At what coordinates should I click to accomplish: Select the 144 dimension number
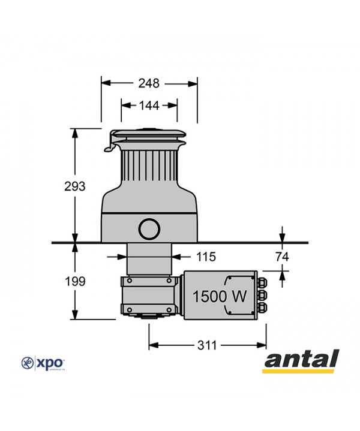point(149,106)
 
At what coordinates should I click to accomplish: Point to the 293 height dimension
point(75,186)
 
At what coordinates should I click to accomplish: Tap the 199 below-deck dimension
point(75,281)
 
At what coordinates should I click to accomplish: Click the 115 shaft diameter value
point(206,257)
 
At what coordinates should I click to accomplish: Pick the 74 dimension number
point(282,257)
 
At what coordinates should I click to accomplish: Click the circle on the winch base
point(149,228)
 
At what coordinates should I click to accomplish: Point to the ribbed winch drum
point(149,168)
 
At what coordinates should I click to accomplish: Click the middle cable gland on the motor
point(262,294)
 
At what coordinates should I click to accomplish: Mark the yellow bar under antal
point(301,371)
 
